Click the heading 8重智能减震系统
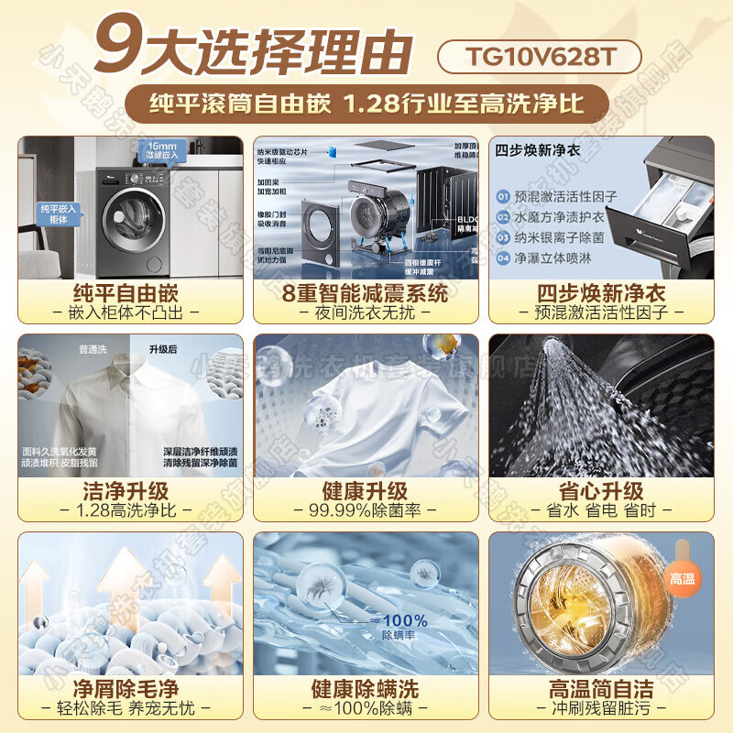366,293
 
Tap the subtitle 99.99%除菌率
366,510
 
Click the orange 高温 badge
683,579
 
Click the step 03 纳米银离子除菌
561,237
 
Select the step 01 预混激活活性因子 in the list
561,196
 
